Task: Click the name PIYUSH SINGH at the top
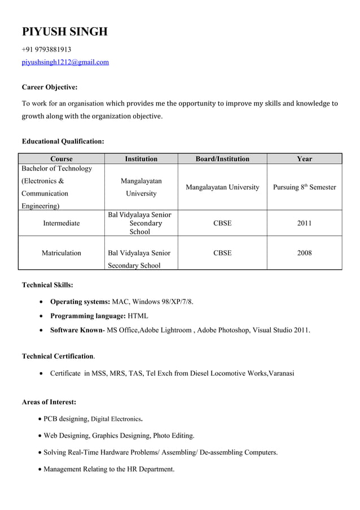coord(64,32)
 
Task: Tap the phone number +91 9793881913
coord(46,50)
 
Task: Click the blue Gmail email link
coord(65,62)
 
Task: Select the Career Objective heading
coord(50,87)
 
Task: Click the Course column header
coord(61,159)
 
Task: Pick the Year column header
coord(304,159)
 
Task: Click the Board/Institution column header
coord(222,159)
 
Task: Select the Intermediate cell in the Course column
coord(61,223)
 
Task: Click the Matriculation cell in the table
coord(61,253)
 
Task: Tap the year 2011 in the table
coord(304,223)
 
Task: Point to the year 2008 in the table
coord(304,253)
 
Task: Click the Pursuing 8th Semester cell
coord(304,187)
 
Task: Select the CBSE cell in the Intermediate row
coord(222,223)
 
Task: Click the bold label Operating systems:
coord(80,302)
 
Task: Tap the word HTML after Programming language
coord(138,316)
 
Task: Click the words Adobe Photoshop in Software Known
coord(223,330)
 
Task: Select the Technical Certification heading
coord(58,356)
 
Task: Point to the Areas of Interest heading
coord(49,402)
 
